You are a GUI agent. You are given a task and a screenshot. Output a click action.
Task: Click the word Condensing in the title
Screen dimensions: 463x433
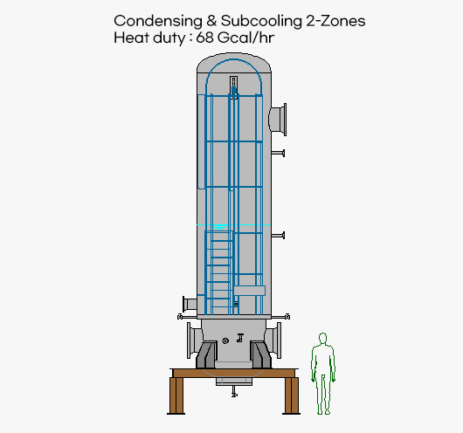(x=158, y=22)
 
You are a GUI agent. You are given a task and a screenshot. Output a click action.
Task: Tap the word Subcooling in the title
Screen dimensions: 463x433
(x=261, y=22)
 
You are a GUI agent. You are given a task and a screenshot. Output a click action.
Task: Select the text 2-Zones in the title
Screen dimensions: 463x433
(x=335, y=21)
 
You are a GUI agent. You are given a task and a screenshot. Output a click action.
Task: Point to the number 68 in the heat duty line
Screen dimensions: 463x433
(x=204, y=38)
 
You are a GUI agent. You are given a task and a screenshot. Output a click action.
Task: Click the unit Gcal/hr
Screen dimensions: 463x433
(x=245, y=38)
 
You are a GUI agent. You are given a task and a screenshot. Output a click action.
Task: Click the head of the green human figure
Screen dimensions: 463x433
(x=322, y=338)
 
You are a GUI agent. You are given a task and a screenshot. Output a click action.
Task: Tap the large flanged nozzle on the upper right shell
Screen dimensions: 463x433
(x=278, y=120)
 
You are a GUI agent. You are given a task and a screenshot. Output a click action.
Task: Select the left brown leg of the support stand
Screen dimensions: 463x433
(x=176, y=395)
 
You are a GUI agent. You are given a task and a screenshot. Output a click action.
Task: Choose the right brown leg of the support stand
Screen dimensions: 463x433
(x=292, y=395)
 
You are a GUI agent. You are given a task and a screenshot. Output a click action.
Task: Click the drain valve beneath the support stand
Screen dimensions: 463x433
(x=234, y=393)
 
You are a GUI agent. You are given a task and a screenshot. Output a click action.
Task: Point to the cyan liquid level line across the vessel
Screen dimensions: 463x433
(x=233, y=225)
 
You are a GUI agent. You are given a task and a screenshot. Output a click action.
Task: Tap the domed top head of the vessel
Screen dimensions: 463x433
(x=234, y=63)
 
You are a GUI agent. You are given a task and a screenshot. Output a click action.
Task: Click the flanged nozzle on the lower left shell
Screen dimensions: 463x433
(x=190, y=304)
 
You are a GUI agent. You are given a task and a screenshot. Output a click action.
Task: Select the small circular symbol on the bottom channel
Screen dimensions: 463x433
(x=225, y=340)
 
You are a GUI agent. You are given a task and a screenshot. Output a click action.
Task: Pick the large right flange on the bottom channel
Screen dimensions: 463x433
(x=273, y=340)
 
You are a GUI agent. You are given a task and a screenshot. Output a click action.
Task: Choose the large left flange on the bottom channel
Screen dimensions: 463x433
(x=195, y=340)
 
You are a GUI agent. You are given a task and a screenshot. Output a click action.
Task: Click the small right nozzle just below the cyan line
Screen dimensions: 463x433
(x=278, y=236)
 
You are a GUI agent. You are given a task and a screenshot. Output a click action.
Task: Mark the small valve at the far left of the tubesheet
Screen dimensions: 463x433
(x=180, y=317)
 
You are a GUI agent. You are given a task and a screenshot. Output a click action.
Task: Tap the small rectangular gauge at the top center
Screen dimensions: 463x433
(x=233, y=87)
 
